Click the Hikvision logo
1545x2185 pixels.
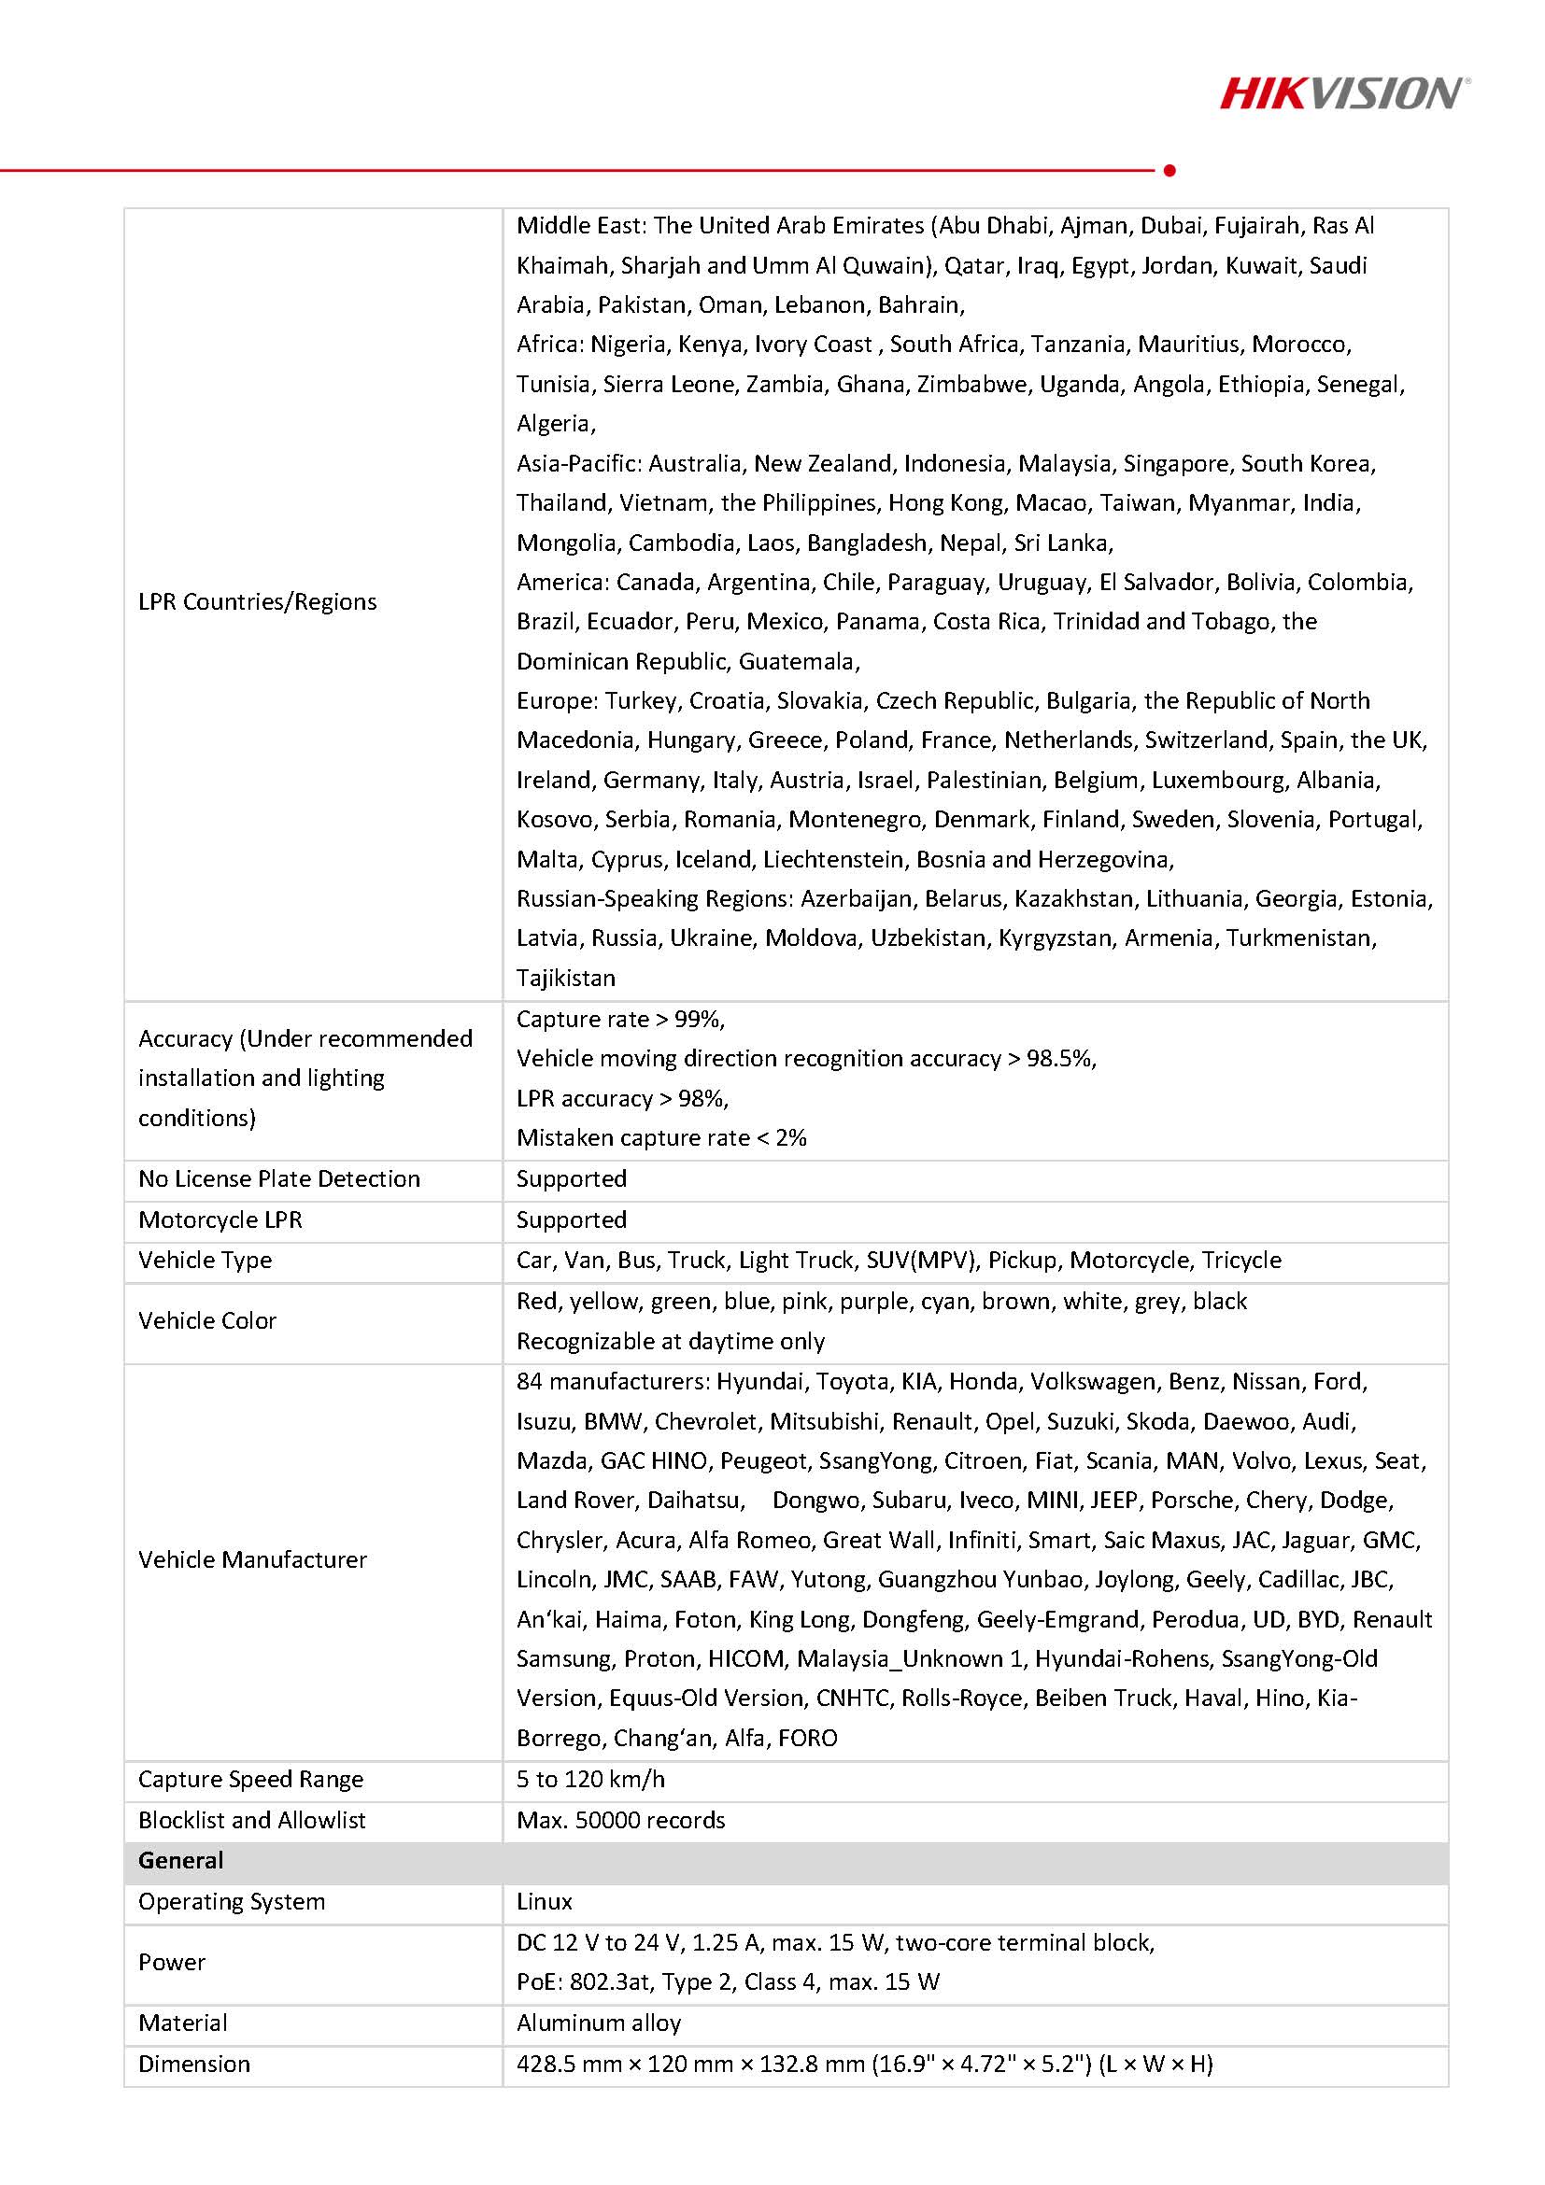click(1343, 93)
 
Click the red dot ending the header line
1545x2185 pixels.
click(1169, 170)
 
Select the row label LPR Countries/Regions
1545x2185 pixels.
click(257, 601)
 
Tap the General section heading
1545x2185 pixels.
click(181, 1860)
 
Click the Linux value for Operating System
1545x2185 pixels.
click(545, 1901)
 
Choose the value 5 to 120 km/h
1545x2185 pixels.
click(590, 1779)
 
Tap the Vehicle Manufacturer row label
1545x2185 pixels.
click(252, 1559)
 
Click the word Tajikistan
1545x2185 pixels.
click(565, 978)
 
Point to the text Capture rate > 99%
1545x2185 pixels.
click(620, 1020)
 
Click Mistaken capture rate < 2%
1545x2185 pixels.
click(661, 1137)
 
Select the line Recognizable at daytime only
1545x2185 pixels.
click(670, 1341)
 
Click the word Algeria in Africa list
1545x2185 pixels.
click(555, 424)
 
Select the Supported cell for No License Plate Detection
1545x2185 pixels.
click(571, 1178)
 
